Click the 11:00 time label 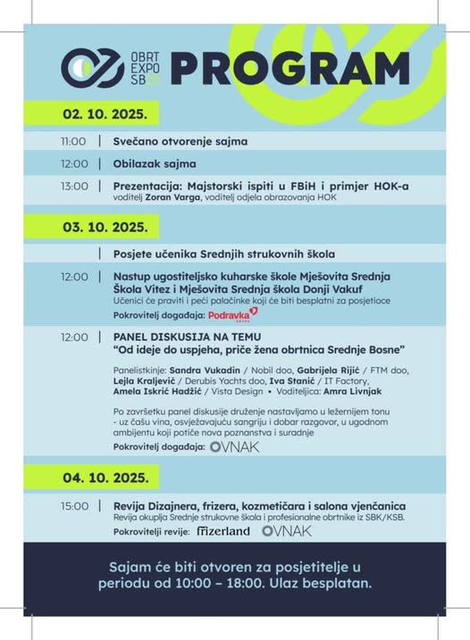[x=74, y=141]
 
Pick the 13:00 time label [x=74, y=186]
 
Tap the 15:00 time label [x=74, y=506]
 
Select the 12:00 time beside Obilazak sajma [x=74, y=163]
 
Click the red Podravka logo [x=232, y=315]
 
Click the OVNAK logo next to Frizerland [x=287, y=531]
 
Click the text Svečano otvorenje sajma [x=180, y=141]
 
